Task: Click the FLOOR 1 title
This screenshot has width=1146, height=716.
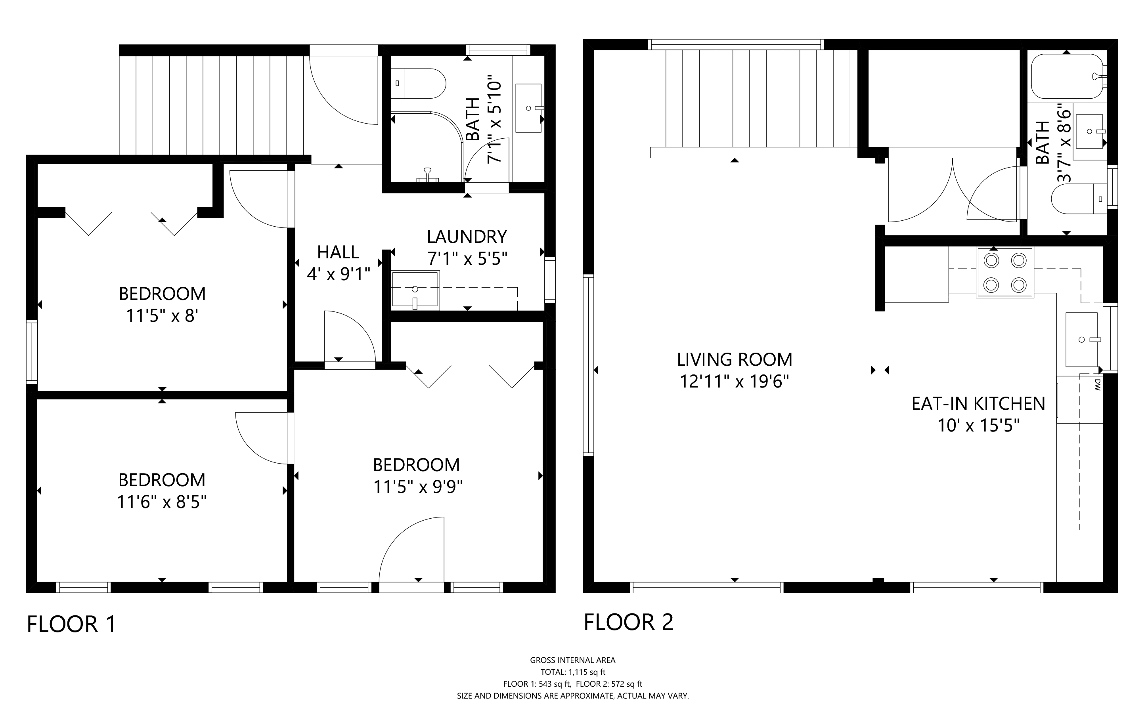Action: [x=71, y=624]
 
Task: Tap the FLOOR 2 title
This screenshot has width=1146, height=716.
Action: [x=628, y=622]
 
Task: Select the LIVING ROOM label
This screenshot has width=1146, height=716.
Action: [x=734, y=359]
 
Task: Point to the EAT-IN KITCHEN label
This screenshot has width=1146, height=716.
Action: [x=978, y=403]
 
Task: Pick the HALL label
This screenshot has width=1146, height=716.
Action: [x=338, y=252]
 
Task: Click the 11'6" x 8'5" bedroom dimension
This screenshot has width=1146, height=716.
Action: [x=162, y=502]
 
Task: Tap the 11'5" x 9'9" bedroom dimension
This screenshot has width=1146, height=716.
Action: [x=418, y=486]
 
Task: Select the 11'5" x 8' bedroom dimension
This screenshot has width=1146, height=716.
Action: [x=162, y=315]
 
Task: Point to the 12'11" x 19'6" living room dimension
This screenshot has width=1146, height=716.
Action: [x=734, y=381]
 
